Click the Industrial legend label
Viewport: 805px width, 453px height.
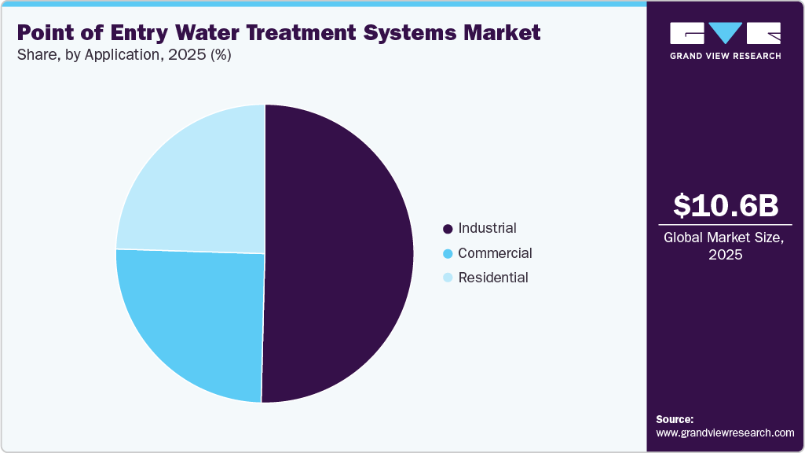(x=487, y=228)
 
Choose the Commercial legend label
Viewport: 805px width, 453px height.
(x=495, y=253)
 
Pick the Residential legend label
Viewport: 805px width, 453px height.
(x=493, y=278)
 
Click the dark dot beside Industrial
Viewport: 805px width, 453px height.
(x=448, y=229)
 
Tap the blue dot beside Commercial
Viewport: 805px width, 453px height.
(x=448, y=254)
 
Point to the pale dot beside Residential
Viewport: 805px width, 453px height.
(x=448, y=278)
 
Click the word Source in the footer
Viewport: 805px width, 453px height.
(x=675, y=419)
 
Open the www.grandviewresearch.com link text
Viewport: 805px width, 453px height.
(x=725, y=433)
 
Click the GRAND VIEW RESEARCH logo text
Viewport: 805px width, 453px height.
(x=725, y=56)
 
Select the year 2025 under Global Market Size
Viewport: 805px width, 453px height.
(x=725, y=255)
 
